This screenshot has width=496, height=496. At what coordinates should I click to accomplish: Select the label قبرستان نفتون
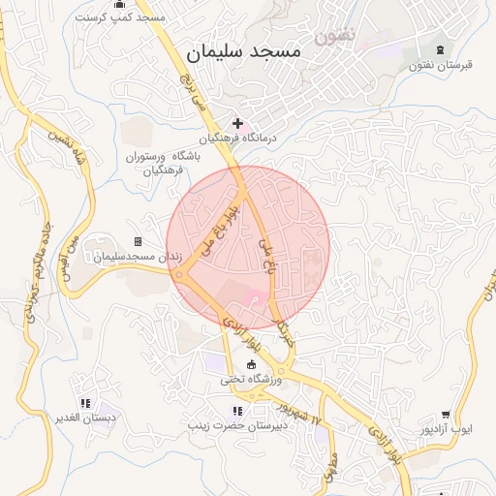440,66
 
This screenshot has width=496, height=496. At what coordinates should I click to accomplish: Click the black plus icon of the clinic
237,123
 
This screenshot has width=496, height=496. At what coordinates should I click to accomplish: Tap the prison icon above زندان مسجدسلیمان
138,241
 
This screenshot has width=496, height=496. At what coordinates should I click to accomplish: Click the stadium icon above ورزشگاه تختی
253,364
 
